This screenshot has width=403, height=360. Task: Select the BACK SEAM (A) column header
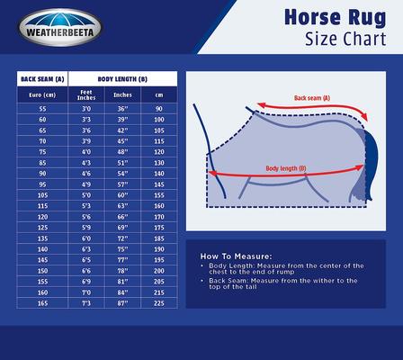[41, 79]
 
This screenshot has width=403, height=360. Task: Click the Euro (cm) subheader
[41, 93]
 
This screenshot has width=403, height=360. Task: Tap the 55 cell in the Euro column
[41, 108]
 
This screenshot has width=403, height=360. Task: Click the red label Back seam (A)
[312, 97]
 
